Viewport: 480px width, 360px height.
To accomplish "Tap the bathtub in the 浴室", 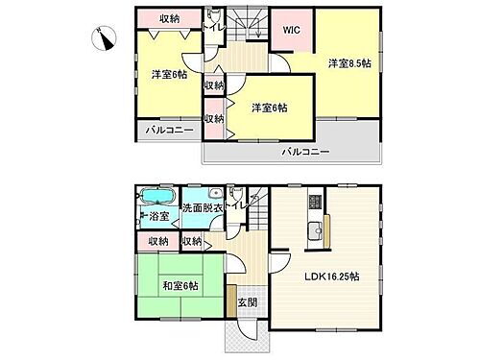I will coord(156,199).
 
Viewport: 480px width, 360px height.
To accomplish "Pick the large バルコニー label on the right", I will coord(305,152).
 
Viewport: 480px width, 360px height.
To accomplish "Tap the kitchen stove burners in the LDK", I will coord(314,202).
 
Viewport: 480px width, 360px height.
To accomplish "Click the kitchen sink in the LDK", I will coord(314,229).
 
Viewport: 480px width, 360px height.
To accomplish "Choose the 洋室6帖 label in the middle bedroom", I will coord(270,108).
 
